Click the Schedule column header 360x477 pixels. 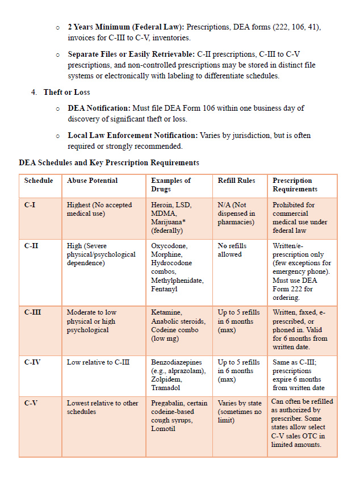(x=39, y=181)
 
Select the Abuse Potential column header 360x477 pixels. (x=92, y=181)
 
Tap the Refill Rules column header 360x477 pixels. (x=236, y=181)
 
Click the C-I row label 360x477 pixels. (x=30, y=205)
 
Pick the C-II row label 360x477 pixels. (x=31, y=246)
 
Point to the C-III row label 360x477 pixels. (x=32, y=312)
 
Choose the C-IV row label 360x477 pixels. (x=32, y=362)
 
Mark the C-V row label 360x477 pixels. (x=31, y=403)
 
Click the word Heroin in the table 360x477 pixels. (x=162, y=205)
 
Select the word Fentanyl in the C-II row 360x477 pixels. (x=164, y=289)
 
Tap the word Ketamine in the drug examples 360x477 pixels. (x=166, y=312)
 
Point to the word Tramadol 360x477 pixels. (x=166, y=388)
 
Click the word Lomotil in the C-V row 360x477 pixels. (x=163, y=429)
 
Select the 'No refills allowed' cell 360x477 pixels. (x=232, y=250)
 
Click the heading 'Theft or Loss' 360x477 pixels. (x=66, y=92)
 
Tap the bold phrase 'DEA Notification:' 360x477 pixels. (x=99, y=108)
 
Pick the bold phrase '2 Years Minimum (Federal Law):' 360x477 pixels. (x=125, y=27)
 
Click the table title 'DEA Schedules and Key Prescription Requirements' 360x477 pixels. (x=109, y=162)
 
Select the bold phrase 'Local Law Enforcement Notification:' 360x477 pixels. (x=132, y=135)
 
